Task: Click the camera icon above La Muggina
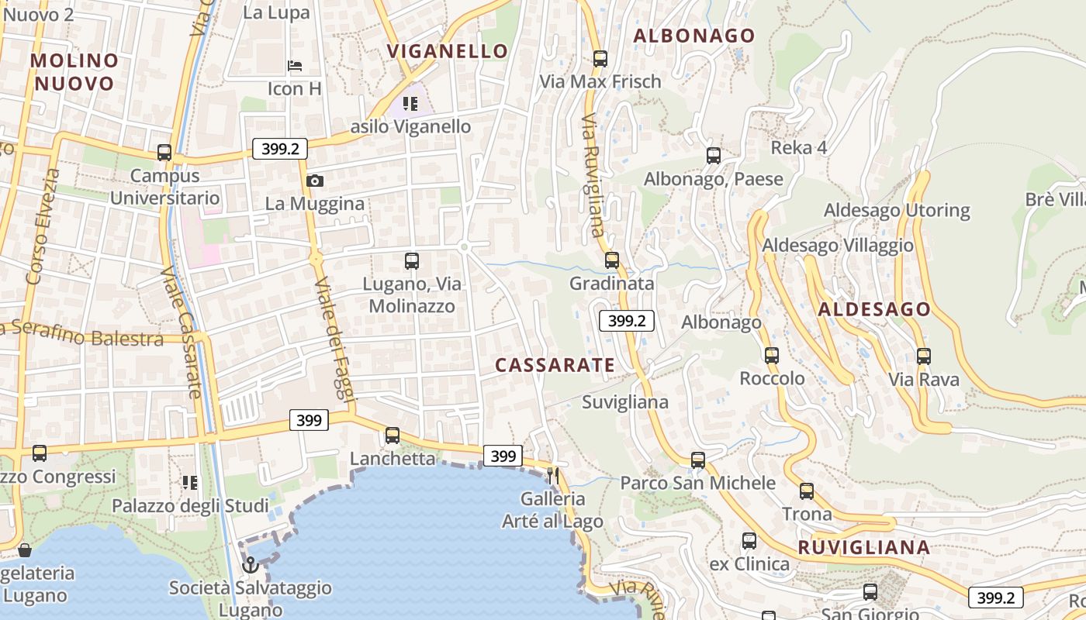coord(314,181)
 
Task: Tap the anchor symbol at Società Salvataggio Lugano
coord(250,565)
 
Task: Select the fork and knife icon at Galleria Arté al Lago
coord(553,474)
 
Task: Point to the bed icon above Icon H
coord(295,66)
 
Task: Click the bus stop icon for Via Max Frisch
coord(600,58)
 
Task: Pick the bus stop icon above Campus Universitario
coord(164,152)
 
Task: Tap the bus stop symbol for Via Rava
coord(923,356)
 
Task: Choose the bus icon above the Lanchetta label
coord(393,435)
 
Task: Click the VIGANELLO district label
coord(448,51)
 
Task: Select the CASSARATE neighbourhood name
coord(555,365)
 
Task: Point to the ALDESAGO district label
coord(874,309)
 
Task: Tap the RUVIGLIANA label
coord(863,547)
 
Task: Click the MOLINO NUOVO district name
coord(74,71)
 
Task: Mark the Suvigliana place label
coord(624,402)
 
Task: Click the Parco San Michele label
coord(697,483)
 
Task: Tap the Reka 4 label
coord(798,148)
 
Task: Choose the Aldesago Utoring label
coord(897,210)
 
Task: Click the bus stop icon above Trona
coord(807,491)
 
